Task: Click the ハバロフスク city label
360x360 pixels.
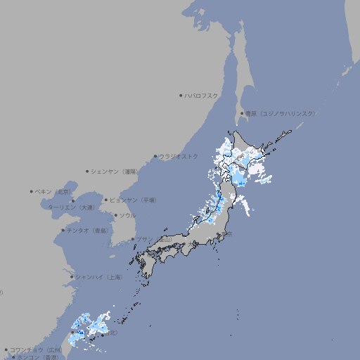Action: pos(202,95)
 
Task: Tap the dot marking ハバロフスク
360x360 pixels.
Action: pos(181,95)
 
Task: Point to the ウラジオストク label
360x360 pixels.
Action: pos(179,156)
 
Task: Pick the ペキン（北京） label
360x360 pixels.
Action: pos(54,191)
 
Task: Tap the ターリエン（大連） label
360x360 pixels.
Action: pos(71,207)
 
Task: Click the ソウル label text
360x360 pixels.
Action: pos(127,215)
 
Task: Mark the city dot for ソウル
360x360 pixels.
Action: pos(115,215)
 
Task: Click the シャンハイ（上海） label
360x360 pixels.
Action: pos(98,277)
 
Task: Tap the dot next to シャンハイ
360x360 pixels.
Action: pos(72,277)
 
